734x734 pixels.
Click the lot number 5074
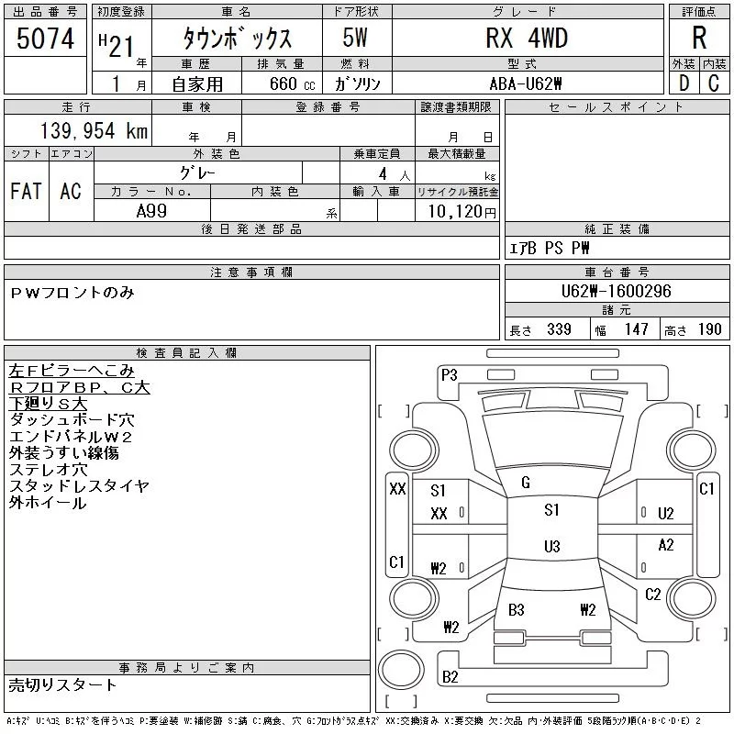46,39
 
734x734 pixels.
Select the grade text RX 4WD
527,38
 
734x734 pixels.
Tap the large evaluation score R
699,38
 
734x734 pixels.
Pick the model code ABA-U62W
527,83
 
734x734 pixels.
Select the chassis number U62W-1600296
616,292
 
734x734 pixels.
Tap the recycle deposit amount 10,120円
457,212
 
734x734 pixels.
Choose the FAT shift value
26,191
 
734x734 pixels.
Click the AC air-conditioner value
71,191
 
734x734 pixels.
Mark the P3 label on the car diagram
450,374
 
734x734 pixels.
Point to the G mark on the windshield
526,483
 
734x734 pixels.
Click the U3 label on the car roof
551,547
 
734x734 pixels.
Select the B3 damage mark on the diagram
516,609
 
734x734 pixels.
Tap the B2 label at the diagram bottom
450,677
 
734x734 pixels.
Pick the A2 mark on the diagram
666,545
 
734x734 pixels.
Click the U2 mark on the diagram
666,513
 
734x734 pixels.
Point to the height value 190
709,329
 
